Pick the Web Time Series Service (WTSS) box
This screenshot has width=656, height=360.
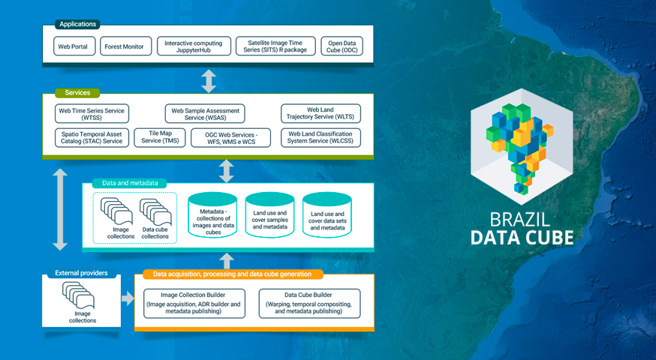pos(92,114)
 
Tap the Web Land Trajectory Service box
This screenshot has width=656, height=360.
pos(320,114)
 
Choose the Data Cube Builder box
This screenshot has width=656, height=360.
pos(308,303)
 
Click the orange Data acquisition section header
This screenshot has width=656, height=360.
pos(233,274)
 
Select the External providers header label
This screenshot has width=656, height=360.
pos(82,273)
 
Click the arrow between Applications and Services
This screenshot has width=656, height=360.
pos(208,79)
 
